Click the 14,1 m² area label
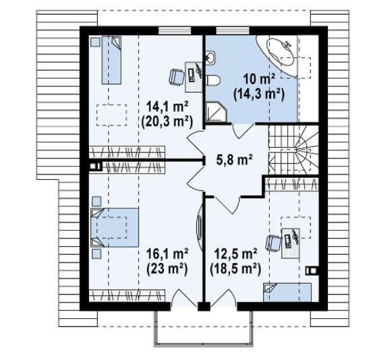pos(167,107)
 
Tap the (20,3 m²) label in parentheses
pos(167,122)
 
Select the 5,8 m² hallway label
pos(235,160)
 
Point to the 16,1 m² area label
pos(167,254)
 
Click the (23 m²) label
pos(167,269)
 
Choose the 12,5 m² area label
pos(235,254)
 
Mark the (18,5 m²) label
pos(235,269)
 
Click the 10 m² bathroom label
pos(259,79)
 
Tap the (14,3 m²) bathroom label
pos(259,94)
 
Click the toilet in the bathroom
pos(212,80)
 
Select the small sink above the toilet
pos(210,57)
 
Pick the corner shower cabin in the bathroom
pos(216,112)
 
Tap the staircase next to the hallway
pos(293,150)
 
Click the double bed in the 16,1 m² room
pos(115,228)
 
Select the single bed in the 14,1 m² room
pos(111,60)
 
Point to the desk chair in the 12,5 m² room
pos(273,243)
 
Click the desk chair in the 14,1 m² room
pos(177,76)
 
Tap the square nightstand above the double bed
pos(96,202)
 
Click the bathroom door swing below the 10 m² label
pos(242,131)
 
